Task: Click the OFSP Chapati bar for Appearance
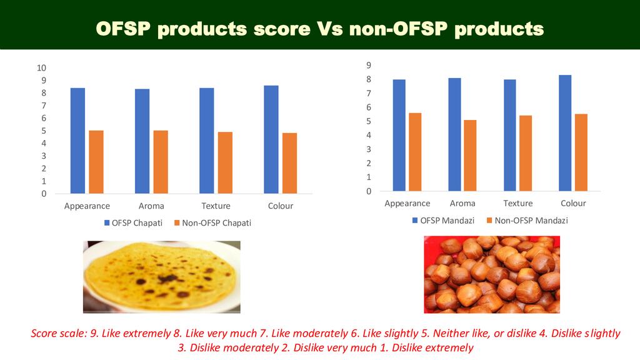77,141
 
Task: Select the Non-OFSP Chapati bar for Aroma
161,162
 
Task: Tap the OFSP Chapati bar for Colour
271,139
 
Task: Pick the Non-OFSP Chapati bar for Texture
225,162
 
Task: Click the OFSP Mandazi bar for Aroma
454,134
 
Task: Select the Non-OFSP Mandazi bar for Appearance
415,152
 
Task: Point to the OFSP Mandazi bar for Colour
565,132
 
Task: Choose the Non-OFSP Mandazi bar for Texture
526,153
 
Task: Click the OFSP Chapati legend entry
132,223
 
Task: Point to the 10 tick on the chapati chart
42,67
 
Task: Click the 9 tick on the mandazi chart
369,65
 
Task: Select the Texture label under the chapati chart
216,206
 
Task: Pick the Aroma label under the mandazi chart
462,203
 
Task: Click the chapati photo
161,276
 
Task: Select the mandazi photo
491,274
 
